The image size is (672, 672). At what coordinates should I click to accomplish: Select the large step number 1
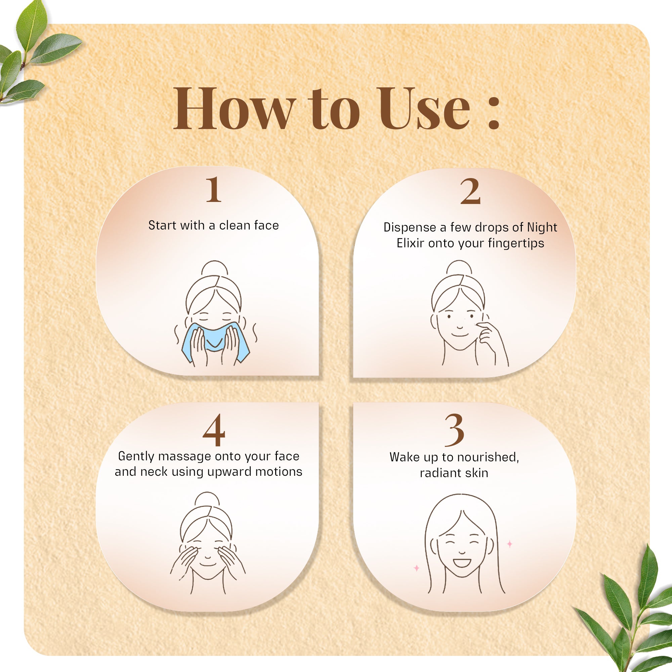tap(213, 190)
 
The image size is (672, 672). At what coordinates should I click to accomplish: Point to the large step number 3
tap(454, 430)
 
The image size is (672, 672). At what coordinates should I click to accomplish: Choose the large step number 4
tap(214, 430)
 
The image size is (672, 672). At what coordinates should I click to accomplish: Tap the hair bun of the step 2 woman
tap(459, 268)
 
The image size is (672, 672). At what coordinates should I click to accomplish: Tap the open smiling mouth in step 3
tap(462, 562)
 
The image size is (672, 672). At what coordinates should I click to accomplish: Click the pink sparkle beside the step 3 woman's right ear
tap(510, 544)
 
